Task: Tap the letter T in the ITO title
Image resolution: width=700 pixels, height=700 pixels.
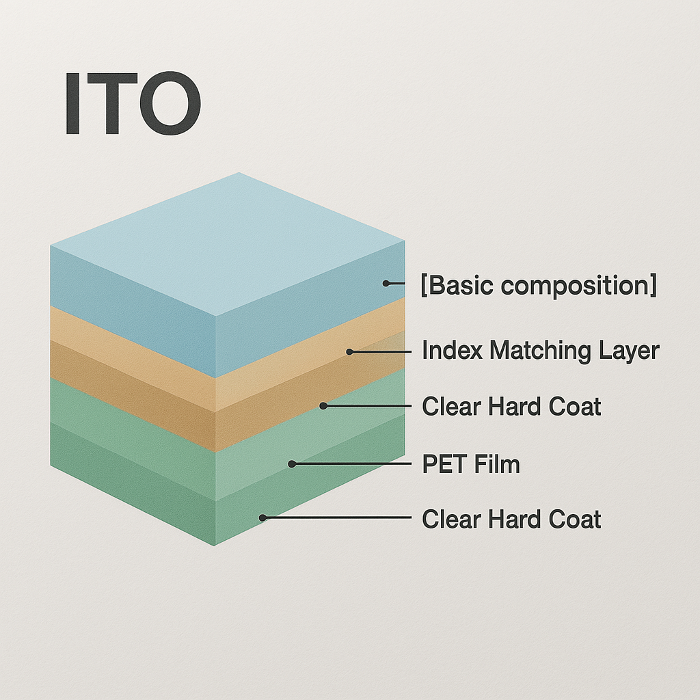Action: pyautogui.click(x=111, y=104)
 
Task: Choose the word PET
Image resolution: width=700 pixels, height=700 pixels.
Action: pyautogui.click(x=445, y=465)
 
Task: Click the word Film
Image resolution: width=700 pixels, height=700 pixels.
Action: pyautogui.click(x=497, y=465)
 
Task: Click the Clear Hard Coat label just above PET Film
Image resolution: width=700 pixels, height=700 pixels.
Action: pyautogui.click(x=511, y=407)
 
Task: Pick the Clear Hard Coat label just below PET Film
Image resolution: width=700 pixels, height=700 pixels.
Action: pyautogui.click(x=511, y=520)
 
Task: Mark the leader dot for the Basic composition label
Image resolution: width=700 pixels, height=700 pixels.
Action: pyautogui.click(x=386, y=282)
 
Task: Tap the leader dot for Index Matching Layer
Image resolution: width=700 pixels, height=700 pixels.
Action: pyautogui.click(x=349, y=351)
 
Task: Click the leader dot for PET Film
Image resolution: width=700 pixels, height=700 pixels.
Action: pyautogui.click(x=292, y=463)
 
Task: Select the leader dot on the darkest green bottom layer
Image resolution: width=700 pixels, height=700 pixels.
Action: pyautogui.click(x=262, y=517)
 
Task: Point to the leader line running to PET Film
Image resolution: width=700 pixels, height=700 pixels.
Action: pyautogui.click(x=355, y=463)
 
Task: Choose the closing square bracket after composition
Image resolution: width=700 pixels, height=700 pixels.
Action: pyautogui.click(x=654, y=286)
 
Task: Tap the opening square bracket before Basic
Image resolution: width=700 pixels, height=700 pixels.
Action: pyautogui.click(x=425, y=286)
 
